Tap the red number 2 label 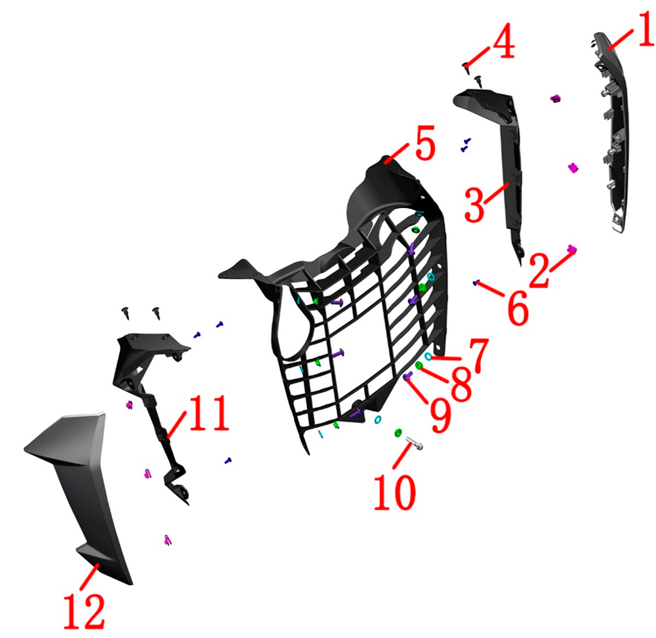[541, 271]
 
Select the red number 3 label [475, 205]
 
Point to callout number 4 [504, 41]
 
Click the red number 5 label [426, 142]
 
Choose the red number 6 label [519, 308]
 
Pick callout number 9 [441, 416]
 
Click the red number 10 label [395, 492]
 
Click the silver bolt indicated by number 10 [414, 443]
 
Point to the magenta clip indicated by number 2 [572, 250]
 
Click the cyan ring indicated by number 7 [428, 356]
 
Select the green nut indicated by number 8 [419, 365]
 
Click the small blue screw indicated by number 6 [475, 283]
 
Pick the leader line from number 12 [89, 577]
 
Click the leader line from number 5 [397, 153]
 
